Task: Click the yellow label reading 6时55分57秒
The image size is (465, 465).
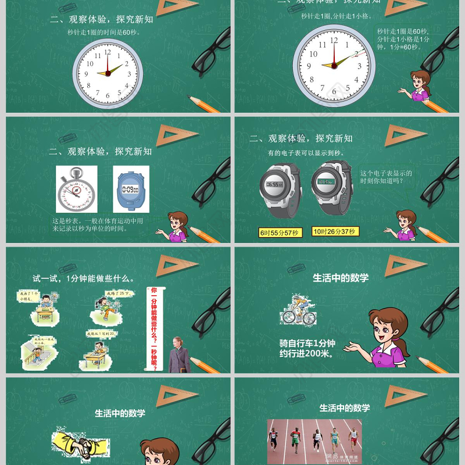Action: click(279, 233)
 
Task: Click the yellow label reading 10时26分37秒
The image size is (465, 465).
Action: click(335, 231)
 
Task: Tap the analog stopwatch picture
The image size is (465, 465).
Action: click(76, 189)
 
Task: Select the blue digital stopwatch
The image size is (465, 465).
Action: click(130, 189)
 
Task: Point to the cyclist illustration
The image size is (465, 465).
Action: click(298, 309)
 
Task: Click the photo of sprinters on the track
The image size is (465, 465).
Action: click(314, 442)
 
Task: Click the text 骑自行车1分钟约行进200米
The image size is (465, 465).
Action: click(309, 348)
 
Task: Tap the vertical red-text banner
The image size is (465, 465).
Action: click(154, 328)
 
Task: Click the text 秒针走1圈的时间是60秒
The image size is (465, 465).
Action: click(104, 33)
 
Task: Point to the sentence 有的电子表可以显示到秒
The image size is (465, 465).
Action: click(306, 153)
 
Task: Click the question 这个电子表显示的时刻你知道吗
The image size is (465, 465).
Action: click(386, 177)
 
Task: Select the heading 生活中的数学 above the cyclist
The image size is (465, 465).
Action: click(341, 278)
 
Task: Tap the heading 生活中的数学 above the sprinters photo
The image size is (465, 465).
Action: click(344, 408)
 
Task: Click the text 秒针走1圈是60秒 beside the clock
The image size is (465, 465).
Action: click(403, 39)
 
